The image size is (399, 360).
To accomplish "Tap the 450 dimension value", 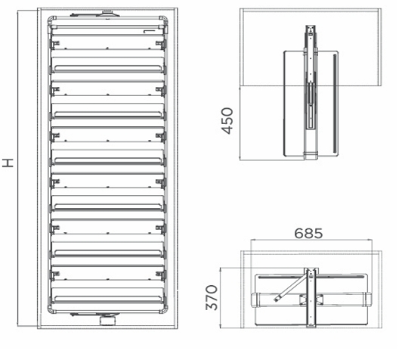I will pos(227,121).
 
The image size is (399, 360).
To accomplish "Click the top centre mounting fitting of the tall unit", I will pos(107,13).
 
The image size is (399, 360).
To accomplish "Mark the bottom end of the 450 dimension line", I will pos(240,160).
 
